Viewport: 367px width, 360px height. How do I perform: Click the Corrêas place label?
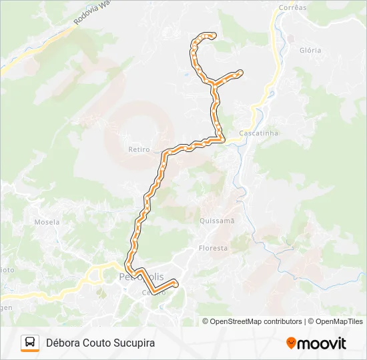pyautogui.click(x=290, y=8)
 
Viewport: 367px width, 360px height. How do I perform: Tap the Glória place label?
pyautogui.click(x=310, y=50)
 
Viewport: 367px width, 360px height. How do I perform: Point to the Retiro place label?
pyautogui.click(x=139, y=150)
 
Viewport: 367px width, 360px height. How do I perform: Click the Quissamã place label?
pyautogui.click(x=217, y=220)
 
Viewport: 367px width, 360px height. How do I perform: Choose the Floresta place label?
pyautogui.click(x=213, y=248)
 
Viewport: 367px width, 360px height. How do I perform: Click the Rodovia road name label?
pyautogui.click(x=85, y=18)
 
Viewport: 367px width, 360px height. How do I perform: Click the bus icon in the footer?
pyautogui.click(x=30, y=343)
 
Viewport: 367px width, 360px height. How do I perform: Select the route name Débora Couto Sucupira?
pyautogui.click(x=100, y=343)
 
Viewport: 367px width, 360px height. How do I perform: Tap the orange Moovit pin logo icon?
pyautogui.click(x=291, y=343)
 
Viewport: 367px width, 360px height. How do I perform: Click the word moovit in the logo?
pyautogui.click(x=322, y=343)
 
